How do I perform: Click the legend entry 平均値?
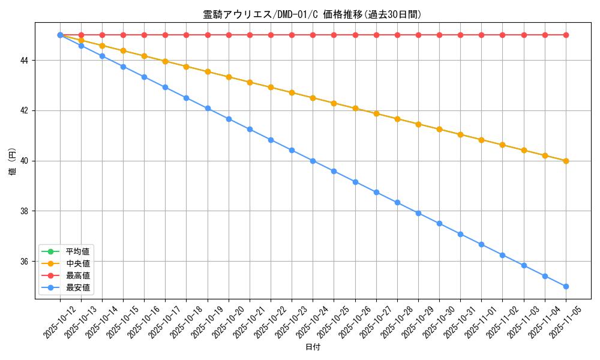[x=78, y=251]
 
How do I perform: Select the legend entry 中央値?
[x=78, y=263]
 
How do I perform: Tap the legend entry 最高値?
[x=78, y=275]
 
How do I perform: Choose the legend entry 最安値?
[x=78, y=288]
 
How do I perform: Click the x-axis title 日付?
[x=313, y=347]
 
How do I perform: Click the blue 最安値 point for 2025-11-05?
[x=566, y=286]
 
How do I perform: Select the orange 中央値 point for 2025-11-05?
[x=566, y=161]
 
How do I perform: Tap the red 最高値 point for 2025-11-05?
[x=566, y=35]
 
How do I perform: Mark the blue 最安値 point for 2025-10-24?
[x=313, y=161]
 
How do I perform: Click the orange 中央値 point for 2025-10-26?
[x=355, y=109]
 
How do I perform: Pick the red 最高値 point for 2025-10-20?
[x=229, y=35]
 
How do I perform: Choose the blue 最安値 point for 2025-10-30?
[x=439, y=223]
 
